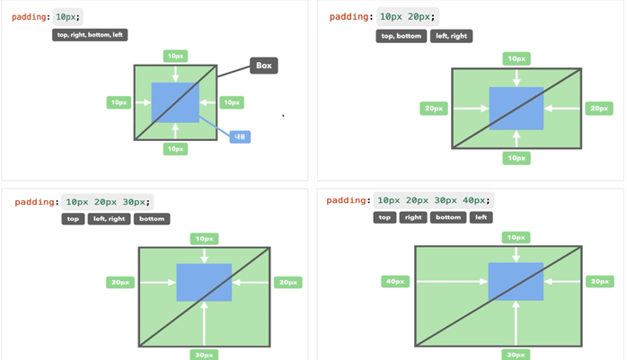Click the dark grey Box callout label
263,66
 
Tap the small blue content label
240,136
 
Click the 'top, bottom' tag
400,36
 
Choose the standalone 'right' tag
412,217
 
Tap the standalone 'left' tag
481,217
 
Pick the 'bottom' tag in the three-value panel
152,218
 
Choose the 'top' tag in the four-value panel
385,217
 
